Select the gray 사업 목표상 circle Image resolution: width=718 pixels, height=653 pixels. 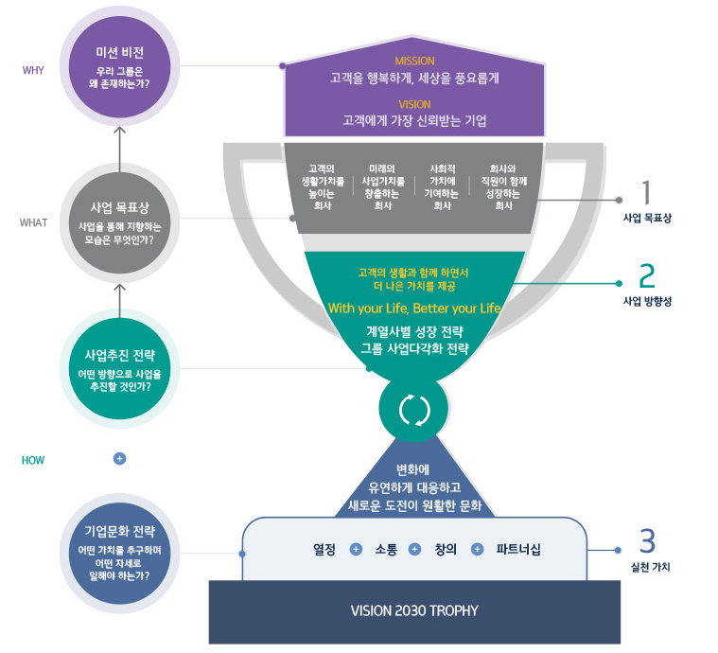119,223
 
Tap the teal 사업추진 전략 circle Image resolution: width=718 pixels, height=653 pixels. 119,372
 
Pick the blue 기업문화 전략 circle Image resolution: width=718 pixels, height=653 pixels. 119,553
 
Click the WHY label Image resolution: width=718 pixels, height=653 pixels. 33,70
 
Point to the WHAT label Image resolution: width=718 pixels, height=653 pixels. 33,223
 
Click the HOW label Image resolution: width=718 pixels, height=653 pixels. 33,460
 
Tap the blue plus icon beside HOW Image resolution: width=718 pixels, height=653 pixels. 119,458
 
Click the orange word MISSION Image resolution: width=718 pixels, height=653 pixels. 414,62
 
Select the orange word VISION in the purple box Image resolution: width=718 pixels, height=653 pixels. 414,104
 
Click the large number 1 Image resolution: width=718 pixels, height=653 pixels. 647,192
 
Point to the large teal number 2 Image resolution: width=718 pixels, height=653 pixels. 647,274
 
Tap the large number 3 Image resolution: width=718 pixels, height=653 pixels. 647,540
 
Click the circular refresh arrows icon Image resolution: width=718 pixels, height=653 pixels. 414,410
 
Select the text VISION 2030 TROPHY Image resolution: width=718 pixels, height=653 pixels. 414,610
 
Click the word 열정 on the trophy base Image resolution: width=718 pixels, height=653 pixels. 324,549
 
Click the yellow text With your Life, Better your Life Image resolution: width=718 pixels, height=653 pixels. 414,309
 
